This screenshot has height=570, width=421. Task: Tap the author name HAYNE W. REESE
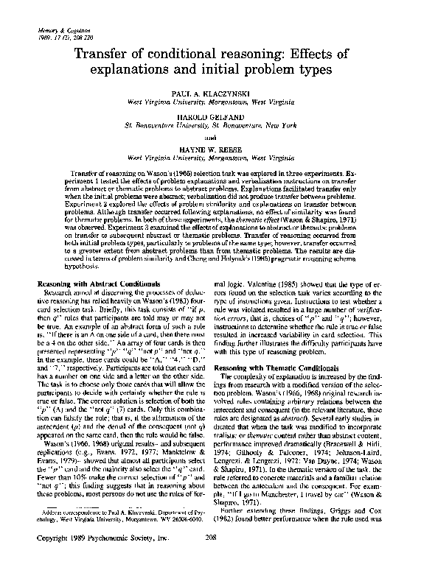(x=211, y=148)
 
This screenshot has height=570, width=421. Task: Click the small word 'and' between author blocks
(x=211, y=136)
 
